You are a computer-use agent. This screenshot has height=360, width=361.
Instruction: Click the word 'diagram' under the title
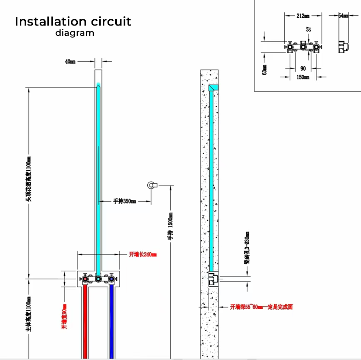[x=75, y=33]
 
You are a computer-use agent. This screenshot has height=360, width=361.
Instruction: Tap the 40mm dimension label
[x=70, y=62]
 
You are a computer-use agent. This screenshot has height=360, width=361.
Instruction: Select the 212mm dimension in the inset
[x=303, y=16]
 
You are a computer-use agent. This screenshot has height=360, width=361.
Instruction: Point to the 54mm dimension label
[x=343, y=16]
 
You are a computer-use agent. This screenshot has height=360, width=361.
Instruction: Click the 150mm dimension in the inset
[x=303, y=77]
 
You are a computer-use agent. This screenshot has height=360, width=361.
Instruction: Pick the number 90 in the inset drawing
[x=303, y=69]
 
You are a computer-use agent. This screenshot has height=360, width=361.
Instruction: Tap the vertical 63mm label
[x=264, y=70]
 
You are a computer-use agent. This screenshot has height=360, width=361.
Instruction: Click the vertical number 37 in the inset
[x=309, y=30]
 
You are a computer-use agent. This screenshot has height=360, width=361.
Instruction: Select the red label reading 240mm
[x=143, y=254]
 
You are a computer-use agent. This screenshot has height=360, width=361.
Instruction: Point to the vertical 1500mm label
[x=170, y=227]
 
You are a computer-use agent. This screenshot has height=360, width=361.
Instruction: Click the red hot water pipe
[x=85, y=321]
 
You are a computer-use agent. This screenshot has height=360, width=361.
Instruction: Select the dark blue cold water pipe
[x=112, y=321]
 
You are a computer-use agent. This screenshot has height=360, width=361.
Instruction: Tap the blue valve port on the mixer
[x=111, y=279]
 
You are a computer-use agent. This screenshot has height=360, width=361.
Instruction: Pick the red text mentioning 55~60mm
[x=261, y=307]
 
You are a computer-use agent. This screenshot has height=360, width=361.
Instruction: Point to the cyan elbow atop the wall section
[x=213, y=88]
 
